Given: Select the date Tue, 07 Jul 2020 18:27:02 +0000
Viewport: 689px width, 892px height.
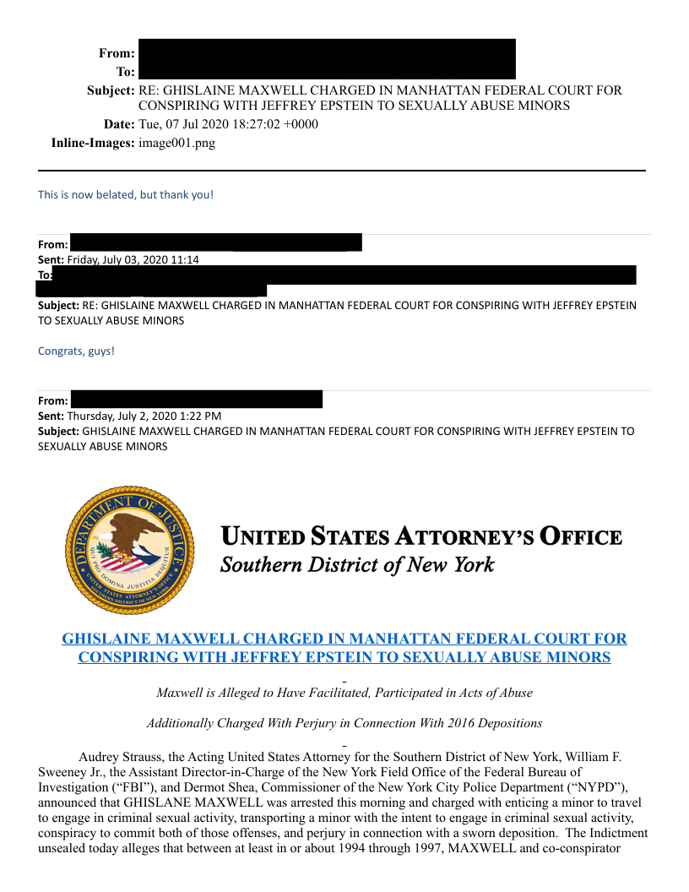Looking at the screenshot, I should point(228,124).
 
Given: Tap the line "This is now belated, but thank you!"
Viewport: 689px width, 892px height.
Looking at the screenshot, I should point(126,195).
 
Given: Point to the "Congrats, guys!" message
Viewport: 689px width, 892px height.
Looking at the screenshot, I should point(76,351).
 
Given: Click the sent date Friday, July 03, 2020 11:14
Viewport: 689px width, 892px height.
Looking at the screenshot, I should point(133,259).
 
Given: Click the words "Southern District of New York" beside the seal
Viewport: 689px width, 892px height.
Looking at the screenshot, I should point(356,564).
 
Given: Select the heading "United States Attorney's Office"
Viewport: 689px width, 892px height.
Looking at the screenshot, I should point(420,536).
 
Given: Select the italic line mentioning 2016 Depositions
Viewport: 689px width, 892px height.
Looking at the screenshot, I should point(344,723).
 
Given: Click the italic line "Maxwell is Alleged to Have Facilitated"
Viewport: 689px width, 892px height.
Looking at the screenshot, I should point(344,693).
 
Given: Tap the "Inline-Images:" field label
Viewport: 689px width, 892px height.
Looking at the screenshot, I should point(93,143).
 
